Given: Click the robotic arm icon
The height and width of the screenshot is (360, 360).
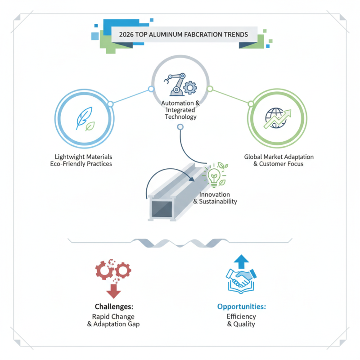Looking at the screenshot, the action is [175, 84].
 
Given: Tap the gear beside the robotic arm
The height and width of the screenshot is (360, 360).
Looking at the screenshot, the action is [190, 87].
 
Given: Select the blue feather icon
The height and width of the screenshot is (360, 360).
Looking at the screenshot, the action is [84, 117].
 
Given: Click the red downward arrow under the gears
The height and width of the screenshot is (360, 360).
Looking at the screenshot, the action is [113, 291].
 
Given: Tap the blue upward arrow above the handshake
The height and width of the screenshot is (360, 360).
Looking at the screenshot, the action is [241, 261].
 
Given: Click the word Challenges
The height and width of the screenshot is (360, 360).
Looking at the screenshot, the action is [113, 306].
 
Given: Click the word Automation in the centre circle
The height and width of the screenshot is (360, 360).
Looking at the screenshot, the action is [177, 103].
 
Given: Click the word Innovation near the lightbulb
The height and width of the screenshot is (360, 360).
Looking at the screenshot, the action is [215, 194].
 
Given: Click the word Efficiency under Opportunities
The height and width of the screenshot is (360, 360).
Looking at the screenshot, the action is [241, 317].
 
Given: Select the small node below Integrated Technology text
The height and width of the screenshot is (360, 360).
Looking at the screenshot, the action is [180, 127].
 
